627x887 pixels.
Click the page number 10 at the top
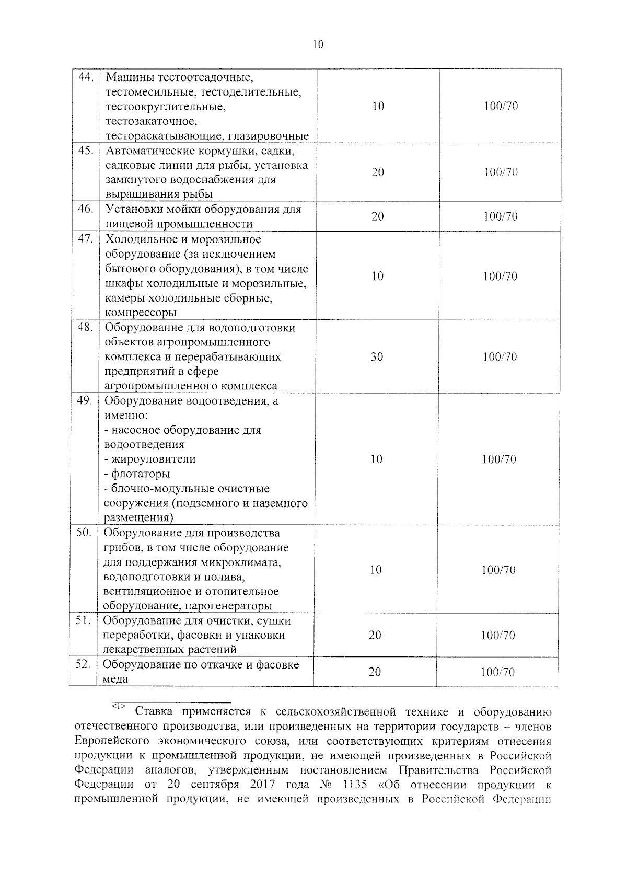point(318,44)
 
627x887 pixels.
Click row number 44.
point(85,77)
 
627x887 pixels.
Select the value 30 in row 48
point(377,357)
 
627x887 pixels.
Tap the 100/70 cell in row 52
point(498,672)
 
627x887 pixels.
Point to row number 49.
point(84,401)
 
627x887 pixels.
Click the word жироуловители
point(150,459)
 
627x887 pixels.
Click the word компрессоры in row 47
point(141,313)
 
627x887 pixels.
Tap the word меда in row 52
point(115,679)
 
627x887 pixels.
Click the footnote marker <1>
point(118,707)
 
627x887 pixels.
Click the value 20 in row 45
point(378,172)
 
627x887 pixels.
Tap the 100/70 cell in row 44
point(501,107)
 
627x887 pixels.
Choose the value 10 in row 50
point(376,570)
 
